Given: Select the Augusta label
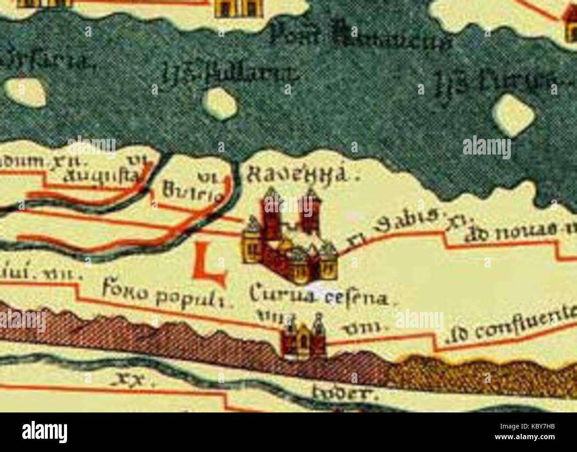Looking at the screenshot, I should click(x=101, y=176).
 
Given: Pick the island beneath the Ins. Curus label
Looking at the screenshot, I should click(x=514, y=114).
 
